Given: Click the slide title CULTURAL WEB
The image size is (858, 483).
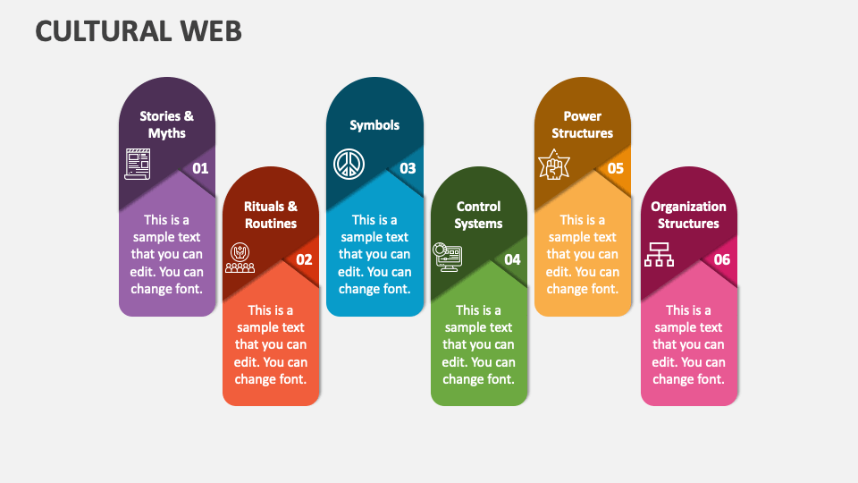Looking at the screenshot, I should tap(139, 30).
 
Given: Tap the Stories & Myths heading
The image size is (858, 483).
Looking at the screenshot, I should tap(167, 124).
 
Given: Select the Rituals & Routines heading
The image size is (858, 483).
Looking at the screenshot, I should tap(271, 215).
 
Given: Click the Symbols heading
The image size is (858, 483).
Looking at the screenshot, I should tap(374, 125).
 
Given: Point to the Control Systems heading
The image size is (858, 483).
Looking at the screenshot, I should tap(478, 215).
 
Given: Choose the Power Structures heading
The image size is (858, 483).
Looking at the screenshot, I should tap(582, 124).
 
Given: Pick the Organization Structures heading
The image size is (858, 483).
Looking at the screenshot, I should tap(688, 215).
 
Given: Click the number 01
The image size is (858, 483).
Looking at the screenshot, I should tap(200, 168).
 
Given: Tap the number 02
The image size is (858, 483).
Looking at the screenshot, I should tap(304, 259).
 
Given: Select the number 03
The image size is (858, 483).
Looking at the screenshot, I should tap(408, 168).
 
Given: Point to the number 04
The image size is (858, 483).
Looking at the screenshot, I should tap(512, 259).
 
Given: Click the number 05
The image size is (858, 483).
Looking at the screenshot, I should tap(616, 168).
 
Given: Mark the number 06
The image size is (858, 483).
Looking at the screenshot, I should tap(722, 259).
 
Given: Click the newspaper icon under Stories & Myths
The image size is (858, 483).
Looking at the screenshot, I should tap(138, 165).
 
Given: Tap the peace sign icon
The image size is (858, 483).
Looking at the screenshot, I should tap(349, 164).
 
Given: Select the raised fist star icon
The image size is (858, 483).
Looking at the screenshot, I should tap(553, 165).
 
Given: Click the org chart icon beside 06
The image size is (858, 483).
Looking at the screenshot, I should tap(660, 254).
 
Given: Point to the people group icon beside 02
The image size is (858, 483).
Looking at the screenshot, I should tap(240, 258).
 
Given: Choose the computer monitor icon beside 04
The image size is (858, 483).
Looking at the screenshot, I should tap(446, 256).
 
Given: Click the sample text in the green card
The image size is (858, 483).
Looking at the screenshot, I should tap(478, 344).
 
